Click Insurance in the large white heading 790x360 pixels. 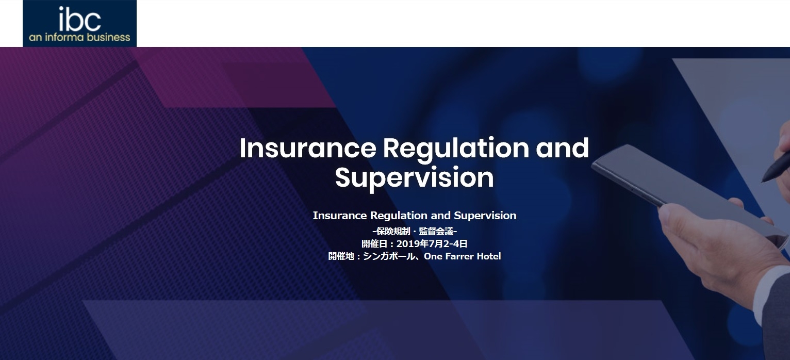(x=308, y=148)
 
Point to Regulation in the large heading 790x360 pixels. (x=456, y=150)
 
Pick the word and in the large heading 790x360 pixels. (x=562, y=148)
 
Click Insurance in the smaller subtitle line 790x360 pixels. (x=340, y=216)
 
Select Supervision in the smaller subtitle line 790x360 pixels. (x=485, y=216)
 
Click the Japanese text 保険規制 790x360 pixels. (x=393, y=231)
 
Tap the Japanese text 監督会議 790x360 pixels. (x=436, y=231)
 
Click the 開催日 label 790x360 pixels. (x=374, y=243)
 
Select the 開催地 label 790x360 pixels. (x=341, y=256)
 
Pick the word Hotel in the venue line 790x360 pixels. (x=489, y=256)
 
